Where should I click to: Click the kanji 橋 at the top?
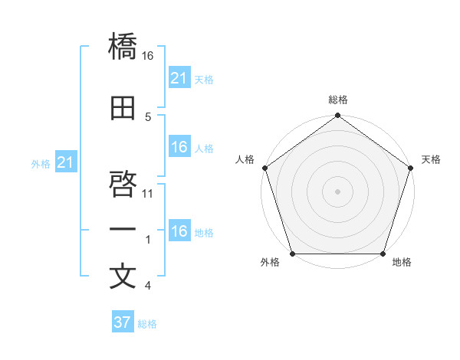(x=123, y=47)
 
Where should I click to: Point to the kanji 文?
(x=123, y=277)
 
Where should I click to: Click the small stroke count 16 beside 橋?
(x=148, y=56)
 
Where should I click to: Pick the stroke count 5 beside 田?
(x=147, y=116)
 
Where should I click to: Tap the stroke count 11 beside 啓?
(x=148, y=193)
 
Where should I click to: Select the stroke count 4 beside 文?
(x=147, y=286)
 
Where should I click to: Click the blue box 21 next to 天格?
(x=179, y=78)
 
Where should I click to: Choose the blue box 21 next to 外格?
(x=65, y=163)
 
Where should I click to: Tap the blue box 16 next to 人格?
(x=179, y=147)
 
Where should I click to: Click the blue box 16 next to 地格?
(x=179, y=231)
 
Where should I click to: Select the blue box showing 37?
(x=122, y=322)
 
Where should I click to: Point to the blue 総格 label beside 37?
(x=147, y=324)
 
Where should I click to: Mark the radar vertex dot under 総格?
(x=337, y=116)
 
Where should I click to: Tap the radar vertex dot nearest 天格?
(x=410, y=168)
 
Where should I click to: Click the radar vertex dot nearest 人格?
(x=264, y=168)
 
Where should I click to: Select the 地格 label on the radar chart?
(x=401, y=262)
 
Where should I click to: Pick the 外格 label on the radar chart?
(x=270, y=262)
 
